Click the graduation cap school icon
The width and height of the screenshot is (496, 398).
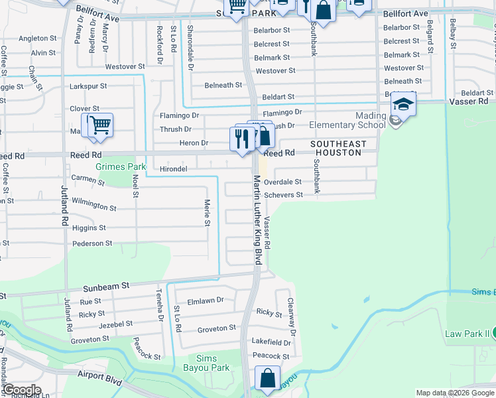(403, 104)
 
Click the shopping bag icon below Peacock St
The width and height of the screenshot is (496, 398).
(267, 379)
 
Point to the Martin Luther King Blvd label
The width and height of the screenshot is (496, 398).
(257, 220)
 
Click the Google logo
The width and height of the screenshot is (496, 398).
(21, 390)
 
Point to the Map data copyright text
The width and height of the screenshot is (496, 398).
(455, 393)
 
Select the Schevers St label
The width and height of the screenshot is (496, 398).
(283, 195)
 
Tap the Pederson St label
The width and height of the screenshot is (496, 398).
(92, 243)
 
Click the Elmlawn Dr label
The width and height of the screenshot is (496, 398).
(206, 300)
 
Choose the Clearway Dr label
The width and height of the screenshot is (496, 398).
(290, 316)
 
